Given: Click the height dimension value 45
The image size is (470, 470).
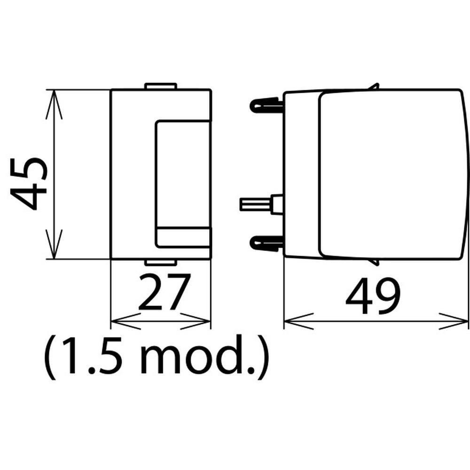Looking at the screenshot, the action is coord(29,184).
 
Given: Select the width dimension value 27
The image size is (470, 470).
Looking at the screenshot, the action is coord(164,291).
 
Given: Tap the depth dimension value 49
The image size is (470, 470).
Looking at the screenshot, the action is coord(373,296).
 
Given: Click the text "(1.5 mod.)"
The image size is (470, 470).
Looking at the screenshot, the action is coord(156,357).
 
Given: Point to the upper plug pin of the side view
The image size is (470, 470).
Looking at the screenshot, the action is coord(266,105).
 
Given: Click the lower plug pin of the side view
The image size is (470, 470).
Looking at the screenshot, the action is coord(266,243).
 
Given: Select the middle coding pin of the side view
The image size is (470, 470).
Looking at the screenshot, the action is coord(261,204).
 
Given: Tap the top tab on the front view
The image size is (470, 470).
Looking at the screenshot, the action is coord(161,86).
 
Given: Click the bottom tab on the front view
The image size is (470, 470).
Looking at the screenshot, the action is coord(161,263).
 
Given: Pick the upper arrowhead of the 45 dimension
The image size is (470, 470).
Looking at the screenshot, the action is coord(54,104).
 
